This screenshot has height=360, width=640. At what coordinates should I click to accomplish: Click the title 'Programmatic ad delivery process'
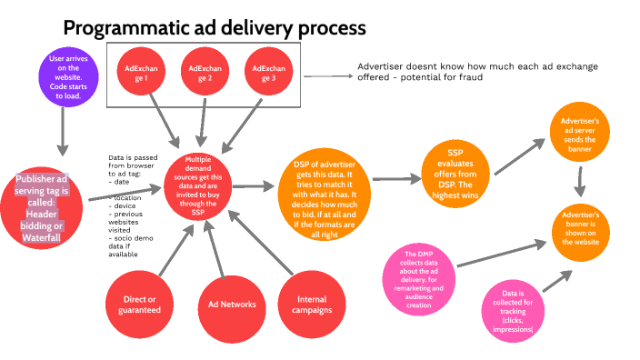pyautogui.click(x=214, y=27)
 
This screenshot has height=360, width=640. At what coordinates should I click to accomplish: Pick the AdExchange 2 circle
pyautogui.click(x=203, y=74)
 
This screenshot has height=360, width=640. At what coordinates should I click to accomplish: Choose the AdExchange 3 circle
pyautogui.click(x=267, y=74)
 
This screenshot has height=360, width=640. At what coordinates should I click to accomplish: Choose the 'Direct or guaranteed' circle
pyautogui.click(x=140, y=305)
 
